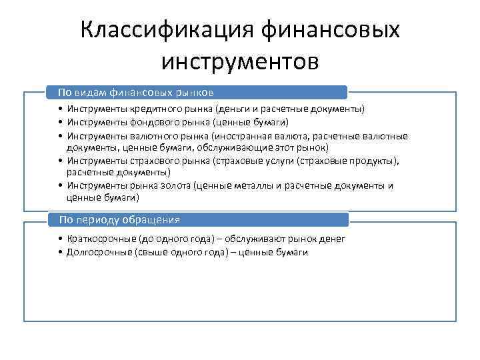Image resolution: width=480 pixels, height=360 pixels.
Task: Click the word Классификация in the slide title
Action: (x=166, y=30)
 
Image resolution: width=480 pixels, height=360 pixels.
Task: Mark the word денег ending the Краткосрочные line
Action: (x=332, y=239)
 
